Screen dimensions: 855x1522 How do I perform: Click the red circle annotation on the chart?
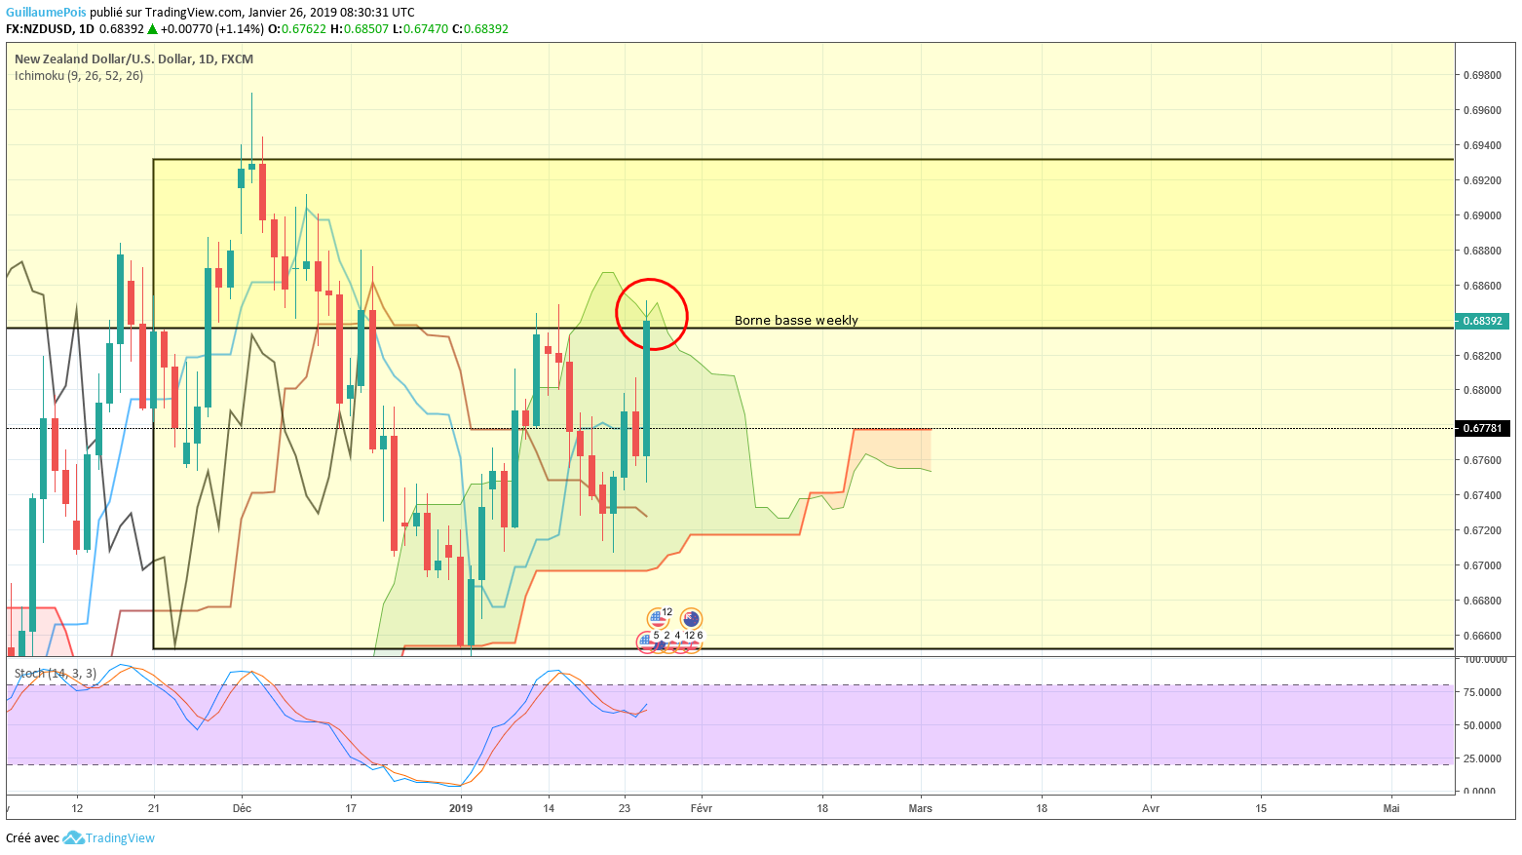pos(652,315)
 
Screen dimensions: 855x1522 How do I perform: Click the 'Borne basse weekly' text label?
pos(796,321)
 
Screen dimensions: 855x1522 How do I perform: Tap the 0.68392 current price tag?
pos(1482,321)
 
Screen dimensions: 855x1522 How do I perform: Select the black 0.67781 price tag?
pos(1482,428)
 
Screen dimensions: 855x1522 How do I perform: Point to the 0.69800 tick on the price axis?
pos(1481,75)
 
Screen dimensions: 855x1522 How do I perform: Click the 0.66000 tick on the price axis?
pos(1481,636)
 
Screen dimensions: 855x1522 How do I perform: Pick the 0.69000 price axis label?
pos(1481,215)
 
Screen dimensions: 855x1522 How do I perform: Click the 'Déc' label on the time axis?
pos(242,808)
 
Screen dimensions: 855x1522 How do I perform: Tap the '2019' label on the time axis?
pos(461,808)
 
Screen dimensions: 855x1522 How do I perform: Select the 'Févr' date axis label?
pos(702,808)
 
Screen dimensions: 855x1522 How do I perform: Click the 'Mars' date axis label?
pos(920,808)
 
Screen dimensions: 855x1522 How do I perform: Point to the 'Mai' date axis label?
pos(1391,808)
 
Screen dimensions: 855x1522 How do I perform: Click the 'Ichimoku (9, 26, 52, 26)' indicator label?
pos(79,76)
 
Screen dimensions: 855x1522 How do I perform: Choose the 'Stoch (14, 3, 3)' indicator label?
pos(56,674)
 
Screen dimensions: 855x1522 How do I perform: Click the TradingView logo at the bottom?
pos(109,838)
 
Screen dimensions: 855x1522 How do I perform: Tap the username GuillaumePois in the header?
pos(46,13)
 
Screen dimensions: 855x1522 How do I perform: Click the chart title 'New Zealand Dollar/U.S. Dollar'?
pos(103,59)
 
